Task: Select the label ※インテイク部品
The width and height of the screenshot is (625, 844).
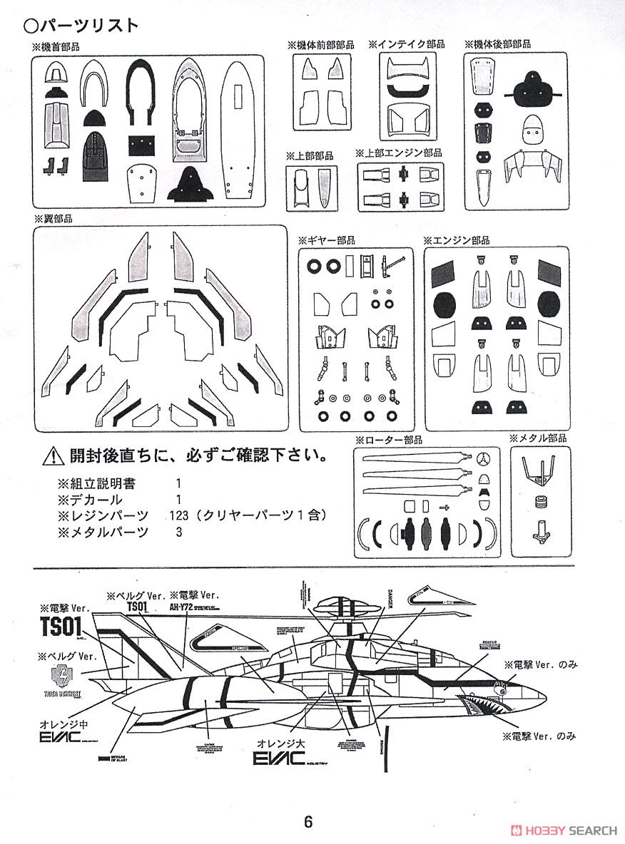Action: pyautogui.click(x=406, y=44)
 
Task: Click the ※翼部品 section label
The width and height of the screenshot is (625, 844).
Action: pyautogui.click(x=53, y=218)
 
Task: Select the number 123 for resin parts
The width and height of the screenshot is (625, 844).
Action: pyautogui.click(x=179, y=515)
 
